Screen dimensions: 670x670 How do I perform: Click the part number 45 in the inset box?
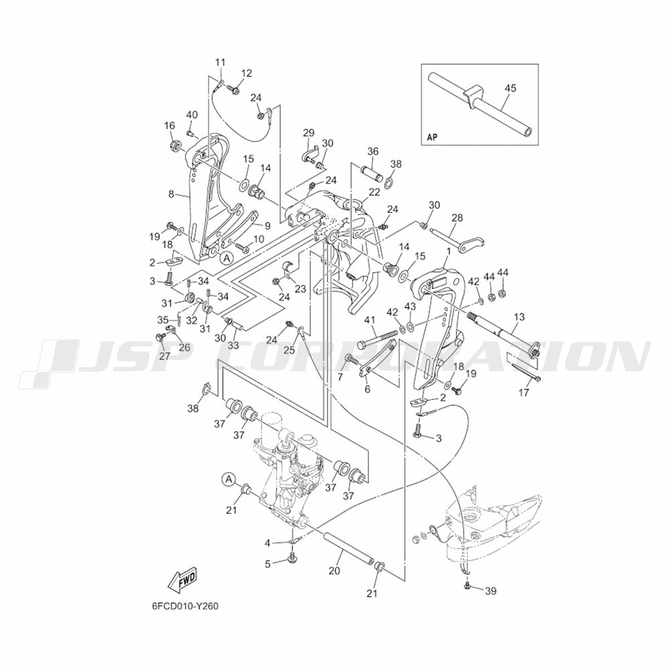point(511,88)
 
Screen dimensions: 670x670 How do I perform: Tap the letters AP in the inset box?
point(432,138)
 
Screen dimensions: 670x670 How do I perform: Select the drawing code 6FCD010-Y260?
point(185,606)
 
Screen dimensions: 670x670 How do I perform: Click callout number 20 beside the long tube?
point(334,571)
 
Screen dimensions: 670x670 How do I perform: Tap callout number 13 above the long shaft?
point(519,316)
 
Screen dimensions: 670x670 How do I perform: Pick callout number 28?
point(457,218)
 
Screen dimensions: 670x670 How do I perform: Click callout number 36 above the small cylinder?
point(373,151)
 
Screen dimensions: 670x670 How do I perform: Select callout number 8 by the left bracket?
point(171,194)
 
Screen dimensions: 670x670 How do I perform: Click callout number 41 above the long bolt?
point(369,322)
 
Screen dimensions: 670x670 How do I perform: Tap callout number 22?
point(374,192)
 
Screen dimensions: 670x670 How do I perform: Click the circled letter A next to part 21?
point(229,479)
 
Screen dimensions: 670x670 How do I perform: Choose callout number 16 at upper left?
point(169,125)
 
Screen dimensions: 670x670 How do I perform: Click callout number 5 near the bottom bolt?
point(267,563)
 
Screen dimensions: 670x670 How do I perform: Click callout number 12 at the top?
point(247,73)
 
